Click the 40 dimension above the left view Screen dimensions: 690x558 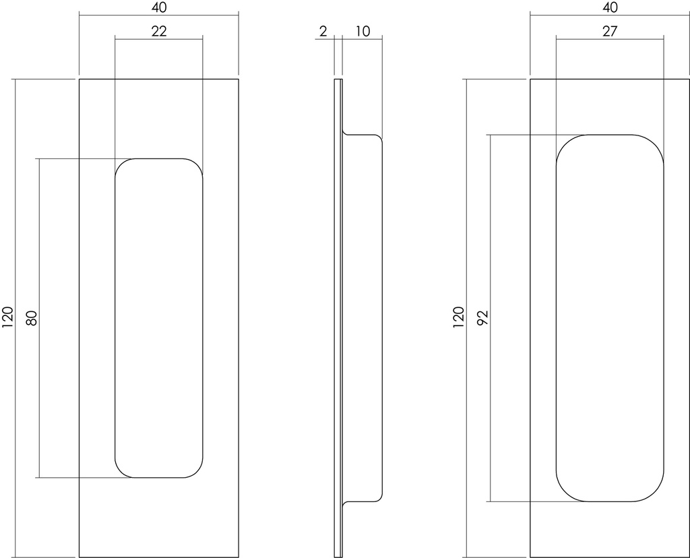[x=159, y=7]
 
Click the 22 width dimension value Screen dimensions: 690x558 [x=159, y=31]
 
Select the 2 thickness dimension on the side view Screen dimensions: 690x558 [x=323, y=31]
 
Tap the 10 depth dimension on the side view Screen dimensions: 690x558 [x=363, y=31]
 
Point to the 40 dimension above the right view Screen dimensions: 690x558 [x=610, y=7]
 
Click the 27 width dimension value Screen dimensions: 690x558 [x=610, y=31]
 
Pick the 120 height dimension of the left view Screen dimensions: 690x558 [x=8, y=317]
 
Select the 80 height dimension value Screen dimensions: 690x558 [x=32, y=317]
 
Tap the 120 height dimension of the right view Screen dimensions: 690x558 [x=458, y=317]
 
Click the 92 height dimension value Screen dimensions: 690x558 [x=482, y=317]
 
